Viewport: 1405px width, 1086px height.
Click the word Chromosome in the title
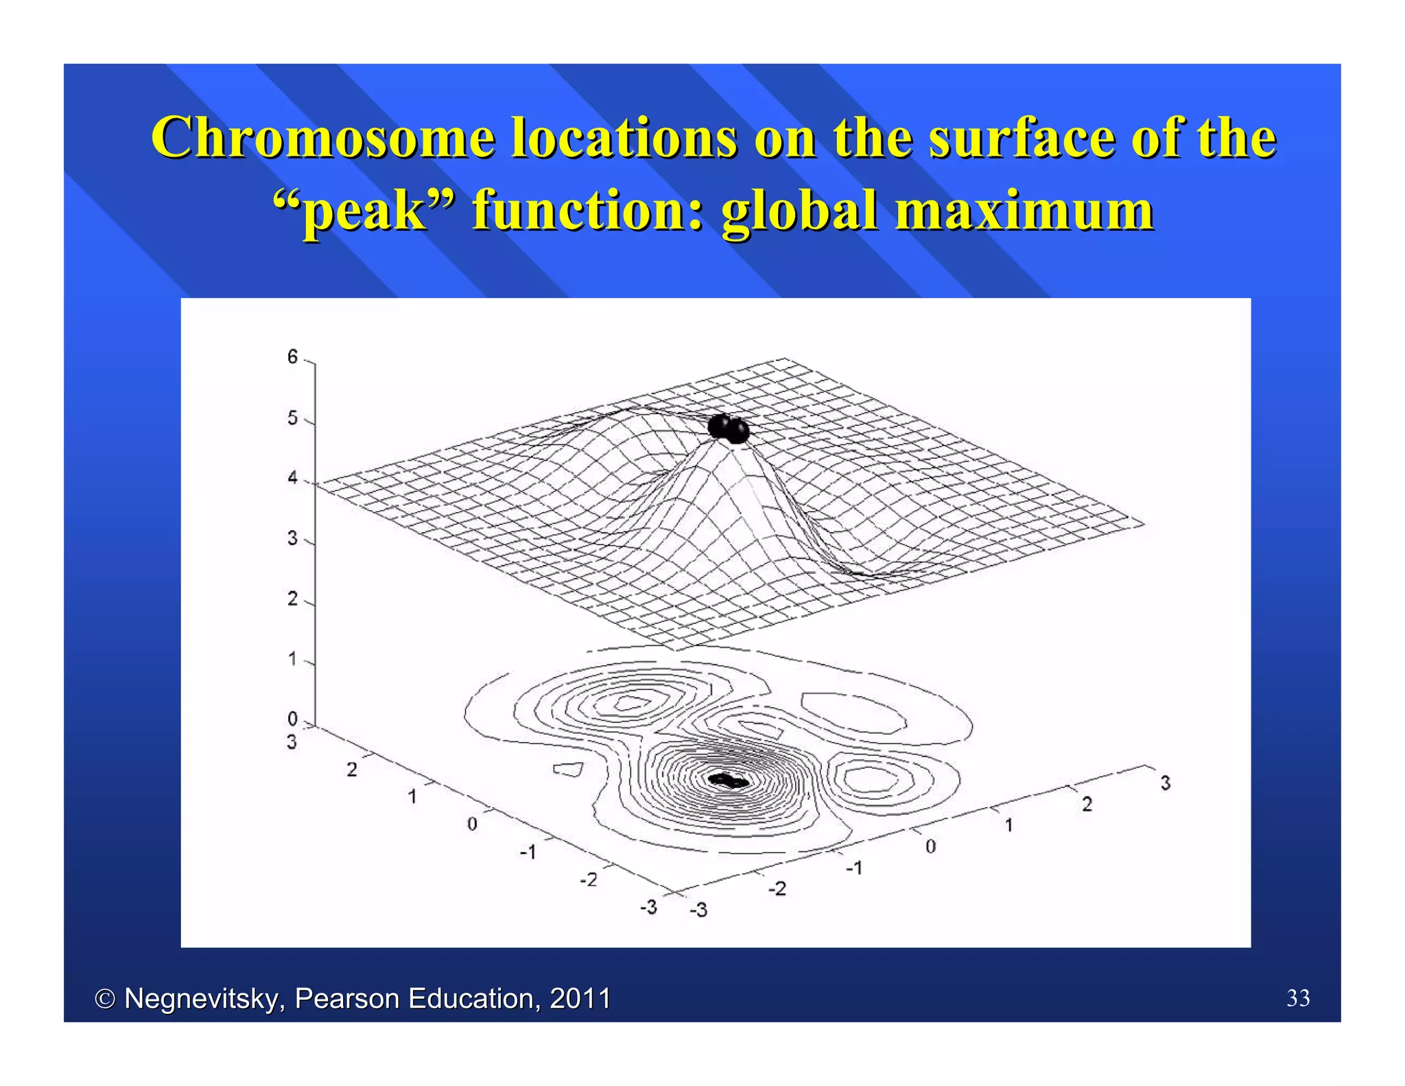[x=322, y=137]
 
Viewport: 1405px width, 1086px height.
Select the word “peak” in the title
[x=364, y=210]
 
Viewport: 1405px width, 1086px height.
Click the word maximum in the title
[x=1025, y=210]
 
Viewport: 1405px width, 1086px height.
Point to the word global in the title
[x=800, y=210]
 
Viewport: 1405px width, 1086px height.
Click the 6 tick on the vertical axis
[x=293, y=357]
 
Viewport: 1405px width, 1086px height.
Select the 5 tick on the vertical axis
[x=293, y=418]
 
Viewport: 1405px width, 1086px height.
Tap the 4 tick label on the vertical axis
[x=293, y=478]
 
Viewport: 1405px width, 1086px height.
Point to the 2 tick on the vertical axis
[x=293, y=599]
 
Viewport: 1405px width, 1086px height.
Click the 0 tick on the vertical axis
[x=293, y=719]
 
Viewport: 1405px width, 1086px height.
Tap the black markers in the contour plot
[x=727, y=780]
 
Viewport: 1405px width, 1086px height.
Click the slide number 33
[x=1298, y=997]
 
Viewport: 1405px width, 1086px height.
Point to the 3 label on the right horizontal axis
[x=1165, y=783]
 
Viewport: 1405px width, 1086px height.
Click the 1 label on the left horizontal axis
[x=412, y=796]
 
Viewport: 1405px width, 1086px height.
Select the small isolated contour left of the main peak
[x=569, y=770]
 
